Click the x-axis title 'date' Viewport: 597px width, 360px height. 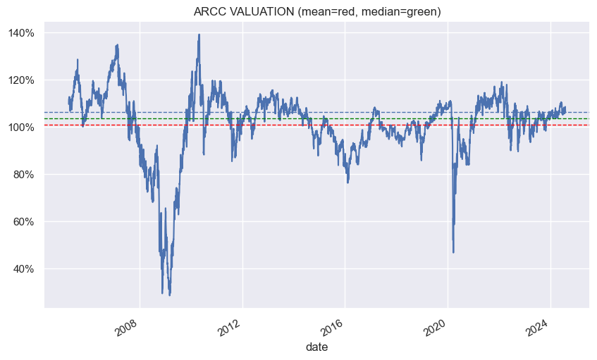[x=316, y=347]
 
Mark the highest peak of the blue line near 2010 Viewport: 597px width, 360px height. [x=199, y=35]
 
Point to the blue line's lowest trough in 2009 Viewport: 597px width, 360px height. [x=170, y=294]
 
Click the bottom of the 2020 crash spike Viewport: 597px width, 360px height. [x=453, y=252]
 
